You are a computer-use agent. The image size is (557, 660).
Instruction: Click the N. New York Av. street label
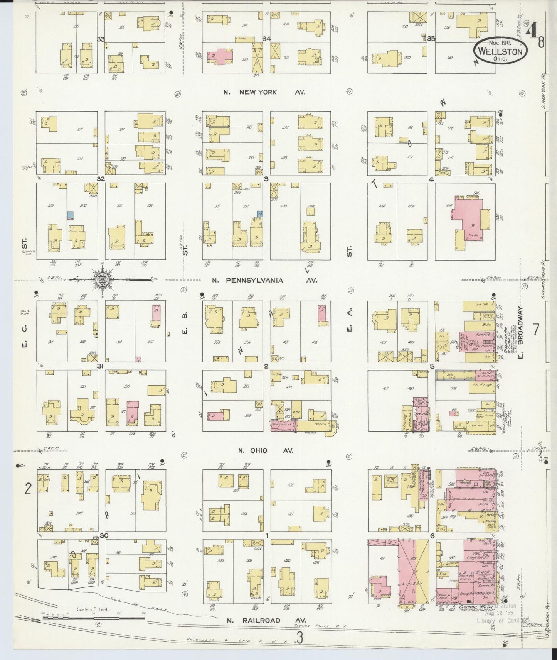pos(264,92)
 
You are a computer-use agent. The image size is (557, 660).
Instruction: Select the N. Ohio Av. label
pos(266,450)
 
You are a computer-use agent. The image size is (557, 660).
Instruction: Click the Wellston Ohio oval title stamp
pos(500,51)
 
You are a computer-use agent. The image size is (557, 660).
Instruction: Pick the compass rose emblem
pos(101,278)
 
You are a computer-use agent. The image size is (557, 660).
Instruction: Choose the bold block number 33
pos(101,39)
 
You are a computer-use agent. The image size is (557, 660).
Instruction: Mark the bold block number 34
pos(266,39)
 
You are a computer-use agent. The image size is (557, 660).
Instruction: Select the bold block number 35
pos(431,39)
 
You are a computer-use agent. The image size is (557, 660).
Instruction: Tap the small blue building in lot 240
pos(70,215)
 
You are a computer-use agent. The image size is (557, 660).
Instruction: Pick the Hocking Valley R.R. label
pos(320,626)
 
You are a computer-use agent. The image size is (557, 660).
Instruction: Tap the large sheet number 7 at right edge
pos(535,330)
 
